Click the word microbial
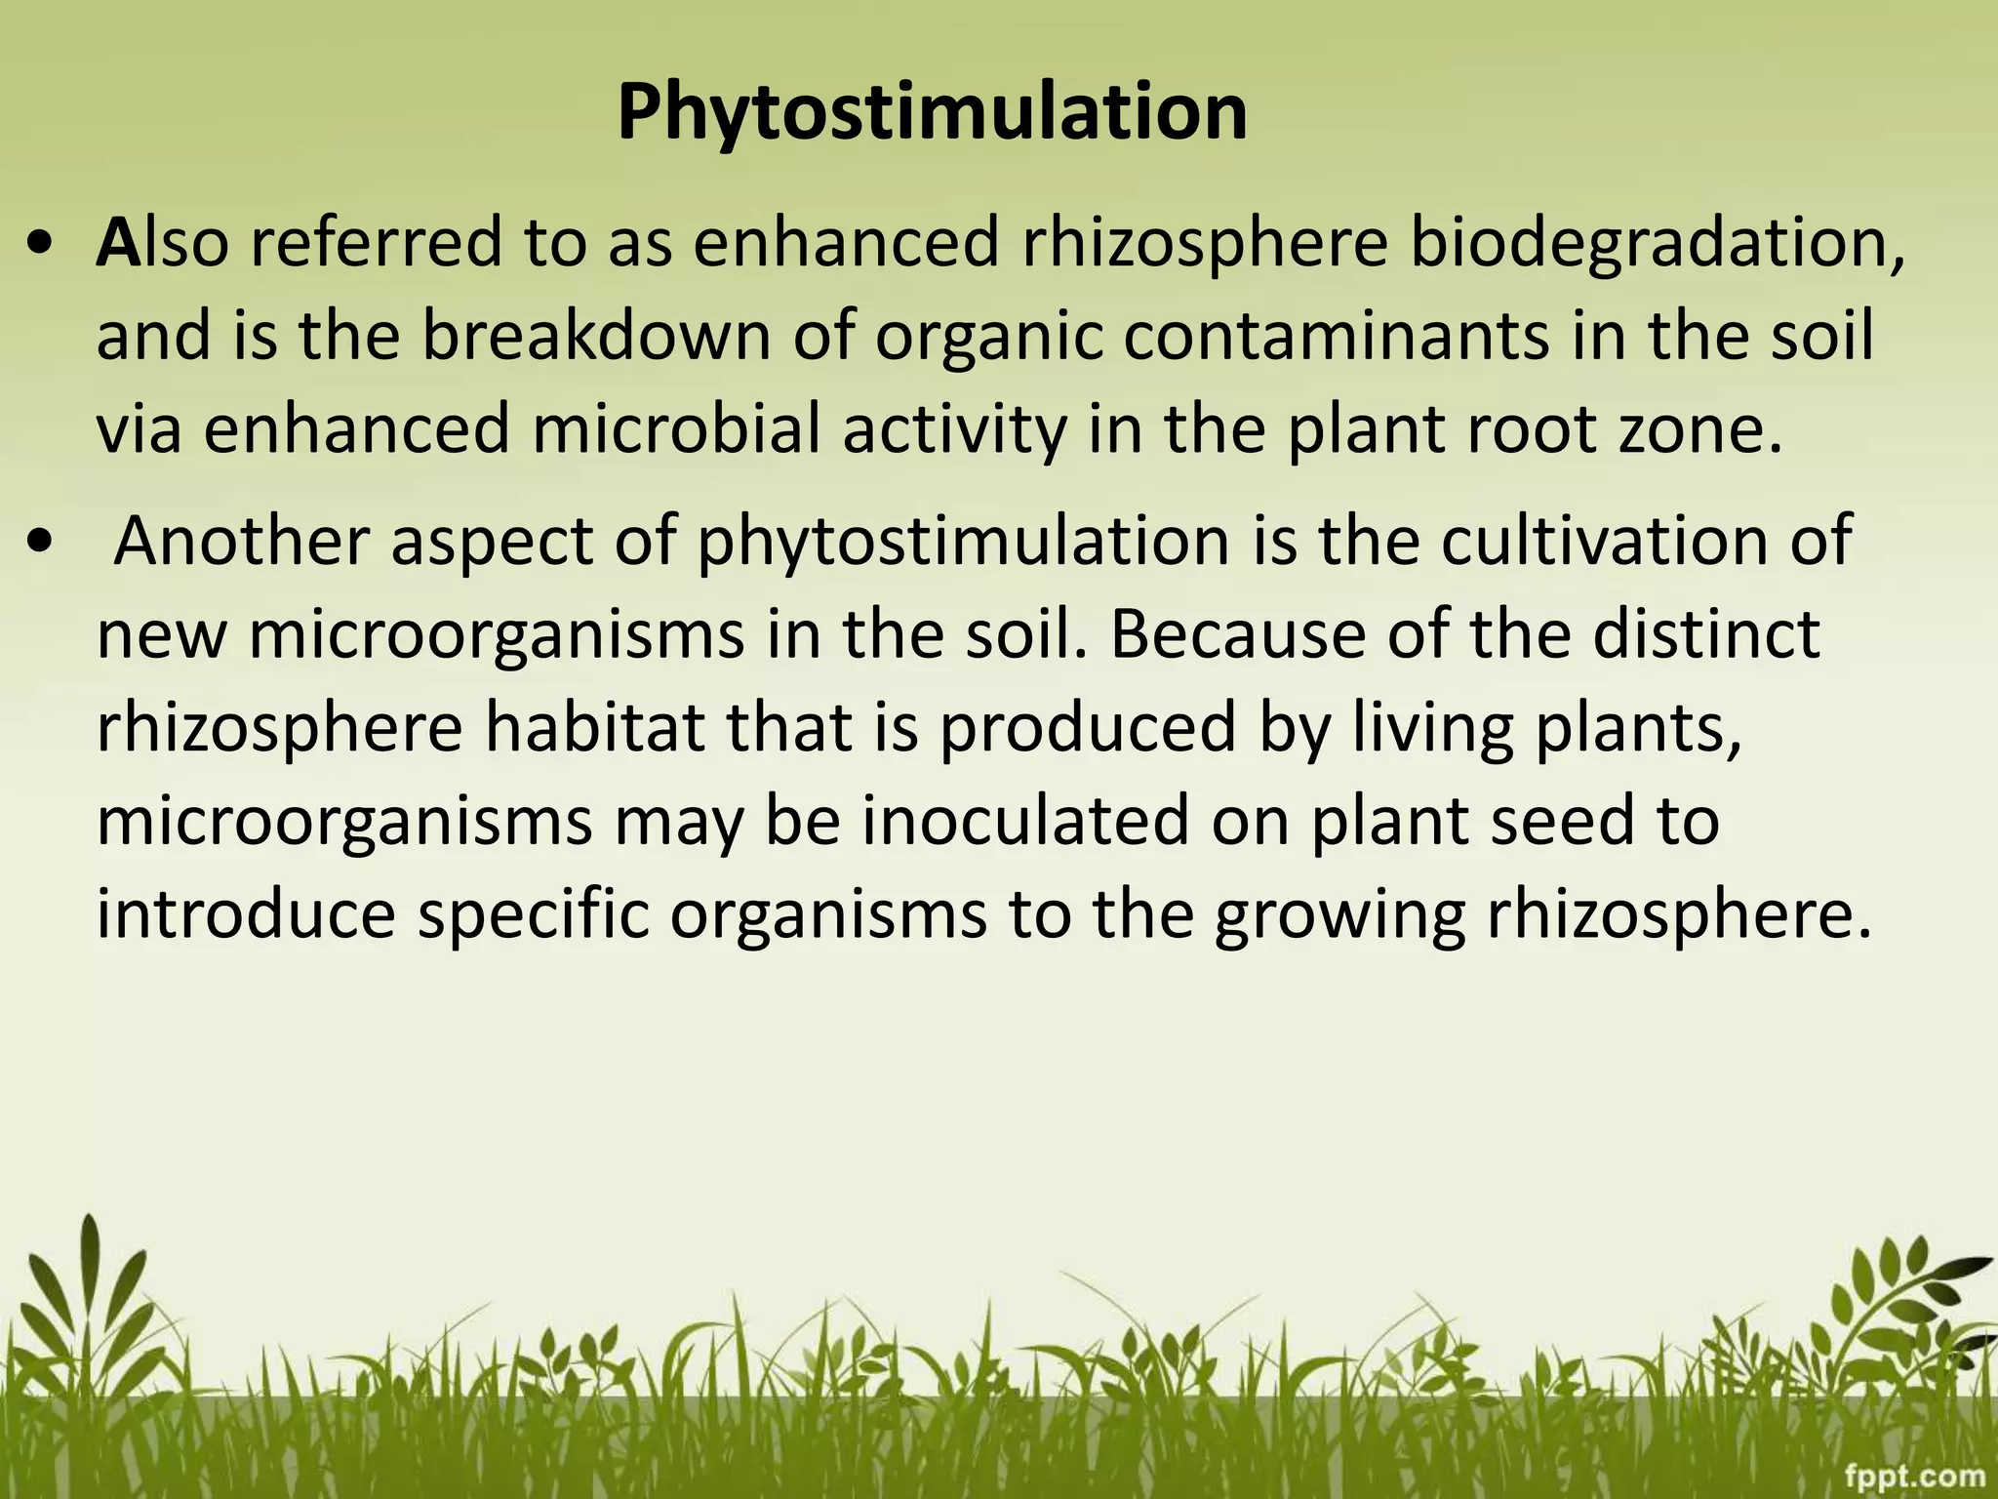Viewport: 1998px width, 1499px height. coord(676,429)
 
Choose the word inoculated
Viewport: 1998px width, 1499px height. coord(1023,822)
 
